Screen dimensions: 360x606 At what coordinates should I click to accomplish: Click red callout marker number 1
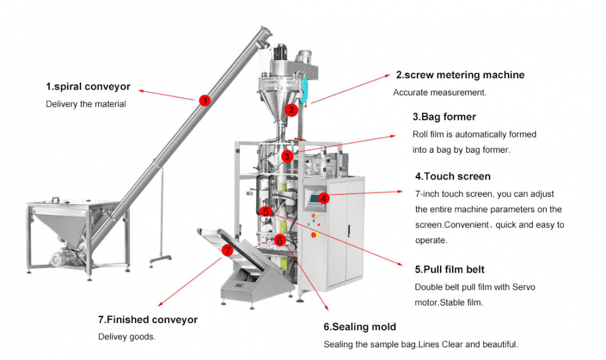(205, 101)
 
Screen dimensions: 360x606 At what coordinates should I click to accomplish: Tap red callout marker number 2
(291, 110)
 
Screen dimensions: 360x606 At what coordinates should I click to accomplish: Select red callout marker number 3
(287, 156)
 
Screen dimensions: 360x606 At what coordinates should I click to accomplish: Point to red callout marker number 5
(267, 212)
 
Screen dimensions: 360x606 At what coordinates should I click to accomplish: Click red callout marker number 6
(279, 239)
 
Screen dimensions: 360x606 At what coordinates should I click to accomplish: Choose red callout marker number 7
(227, 250)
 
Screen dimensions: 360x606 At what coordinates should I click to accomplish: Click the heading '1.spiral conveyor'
(88, 87)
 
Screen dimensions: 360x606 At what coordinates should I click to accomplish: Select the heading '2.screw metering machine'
(460, 75)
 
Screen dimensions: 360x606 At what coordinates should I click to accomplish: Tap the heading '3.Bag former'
(444, 116)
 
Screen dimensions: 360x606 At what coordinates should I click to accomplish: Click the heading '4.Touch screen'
(453, 176)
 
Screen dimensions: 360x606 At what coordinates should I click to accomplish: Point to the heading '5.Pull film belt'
(450, 269)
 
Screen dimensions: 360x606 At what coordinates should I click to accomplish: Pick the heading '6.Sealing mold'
(359, 327)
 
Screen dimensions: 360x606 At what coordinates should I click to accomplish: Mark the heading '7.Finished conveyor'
(148, 319)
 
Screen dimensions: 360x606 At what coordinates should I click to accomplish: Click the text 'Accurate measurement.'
(439, 93)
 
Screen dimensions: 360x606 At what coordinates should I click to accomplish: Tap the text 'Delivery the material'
(86, 104)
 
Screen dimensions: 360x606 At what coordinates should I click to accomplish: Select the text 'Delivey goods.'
(127, 336)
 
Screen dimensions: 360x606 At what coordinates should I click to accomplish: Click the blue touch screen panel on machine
(313, 197)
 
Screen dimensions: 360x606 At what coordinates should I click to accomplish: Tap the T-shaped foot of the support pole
(159, 259)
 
